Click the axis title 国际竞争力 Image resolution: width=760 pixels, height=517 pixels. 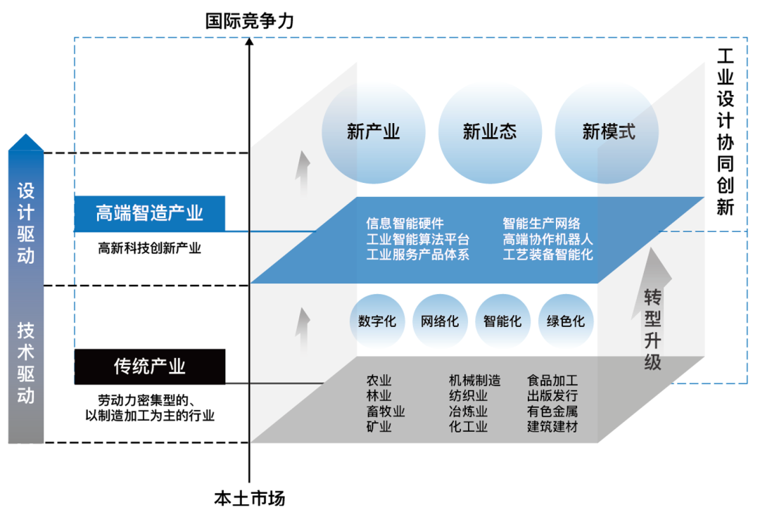tap(249, 20)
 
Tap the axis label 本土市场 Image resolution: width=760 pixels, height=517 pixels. tap(249, 499)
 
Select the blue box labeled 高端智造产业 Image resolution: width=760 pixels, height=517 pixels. tap(150, 213)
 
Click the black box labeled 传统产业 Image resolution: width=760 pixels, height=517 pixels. tap(150, 366)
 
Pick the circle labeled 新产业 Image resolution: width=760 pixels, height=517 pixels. tap(373, 132)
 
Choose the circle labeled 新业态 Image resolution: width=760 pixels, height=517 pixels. tap(490, 132)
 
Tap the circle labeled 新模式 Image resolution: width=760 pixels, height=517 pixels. tap(607, 132)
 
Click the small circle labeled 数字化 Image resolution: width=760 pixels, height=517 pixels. tap(377, 321)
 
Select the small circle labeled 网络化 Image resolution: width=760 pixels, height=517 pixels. tap(440, 321)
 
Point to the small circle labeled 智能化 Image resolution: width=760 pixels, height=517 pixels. tap(502, 321)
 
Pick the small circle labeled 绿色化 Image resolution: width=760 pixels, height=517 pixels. tap(566, 321)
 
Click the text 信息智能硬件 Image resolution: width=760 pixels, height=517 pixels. tap(405, 224)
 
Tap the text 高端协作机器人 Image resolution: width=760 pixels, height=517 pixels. tap(547, 239)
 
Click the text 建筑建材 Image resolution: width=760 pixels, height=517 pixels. tap(552, 427)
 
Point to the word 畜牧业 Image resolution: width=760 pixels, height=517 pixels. tap(385, 411)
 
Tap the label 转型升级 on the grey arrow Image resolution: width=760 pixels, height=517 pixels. tap(652, 329)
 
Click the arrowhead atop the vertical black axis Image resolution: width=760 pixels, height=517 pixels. tap(249, 42)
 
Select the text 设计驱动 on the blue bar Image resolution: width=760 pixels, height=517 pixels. tap(26, 223)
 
